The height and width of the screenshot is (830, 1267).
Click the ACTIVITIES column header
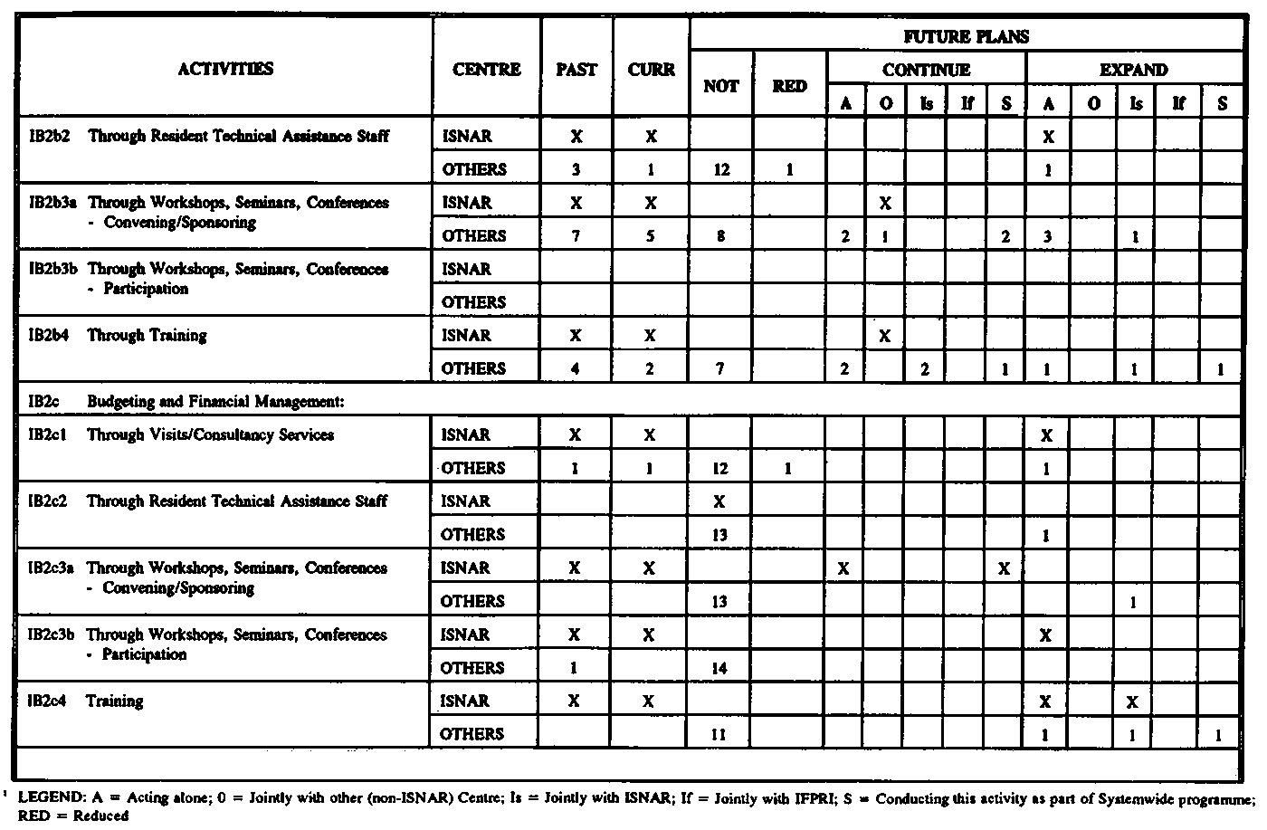pyautogui.click(x=225, y=69)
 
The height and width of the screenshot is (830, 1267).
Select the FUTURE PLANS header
pyautogui.click(x=966, y=37)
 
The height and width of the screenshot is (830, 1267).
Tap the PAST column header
pyautogui.click(x=576, y=70)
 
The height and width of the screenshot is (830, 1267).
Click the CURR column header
pyautogui.click(x=651, y=70)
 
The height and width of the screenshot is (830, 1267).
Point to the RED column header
pyautogui.click(x=789, y=86)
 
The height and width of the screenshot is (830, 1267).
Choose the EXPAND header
pyautogui.click(x=1133, y=70)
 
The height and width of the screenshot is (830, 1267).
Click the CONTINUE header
pyautogui.click(x=926, y=70)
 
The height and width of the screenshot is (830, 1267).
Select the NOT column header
pyautogui.click(x=720, y=86)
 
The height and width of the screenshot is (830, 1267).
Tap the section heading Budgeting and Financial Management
pyautogui.click(x=215, y=401)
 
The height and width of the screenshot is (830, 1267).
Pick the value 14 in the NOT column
pyautogui.click(x=720, y=668)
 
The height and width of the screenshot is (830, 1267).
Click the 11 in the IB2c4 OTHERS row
pyautogui.click(x=719, y=734)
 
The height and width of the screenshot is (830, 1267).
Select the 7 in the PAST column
pyautogui.click(x=576, y=236)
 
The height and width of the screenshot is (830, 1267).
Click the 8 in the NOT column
pyautogui.click(x=720, y=236)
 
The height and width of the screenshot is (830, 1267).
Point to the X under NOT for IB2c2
pyautogui.click(x=719, y=501)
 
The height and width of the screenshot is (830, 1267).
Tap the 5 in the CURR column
pyautogui.click(x=650, y=236)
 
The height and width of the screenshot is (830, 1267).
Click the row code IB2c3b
pyautogui.click(x=51, y=634)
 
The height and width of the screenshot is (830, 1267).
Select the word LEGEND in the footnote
pyautogui.click(x=50, y=798)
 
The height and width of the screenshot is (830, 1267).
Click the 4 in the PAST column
pyautogui.click(x=576, y=368)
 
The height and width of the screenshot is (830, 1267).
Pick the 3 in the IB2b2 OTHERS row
pyautogui.click(x=576, y=169)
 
